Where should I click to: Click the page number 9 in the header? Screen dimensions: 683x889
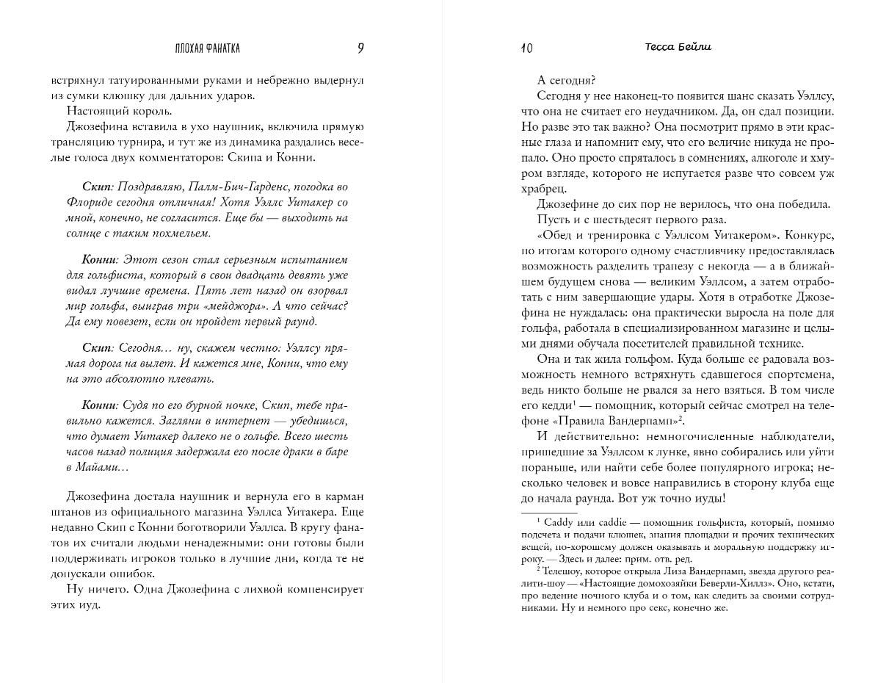coord(360,48)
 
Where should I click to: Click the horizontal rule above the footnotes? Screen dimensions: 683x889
coord(549,513)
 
